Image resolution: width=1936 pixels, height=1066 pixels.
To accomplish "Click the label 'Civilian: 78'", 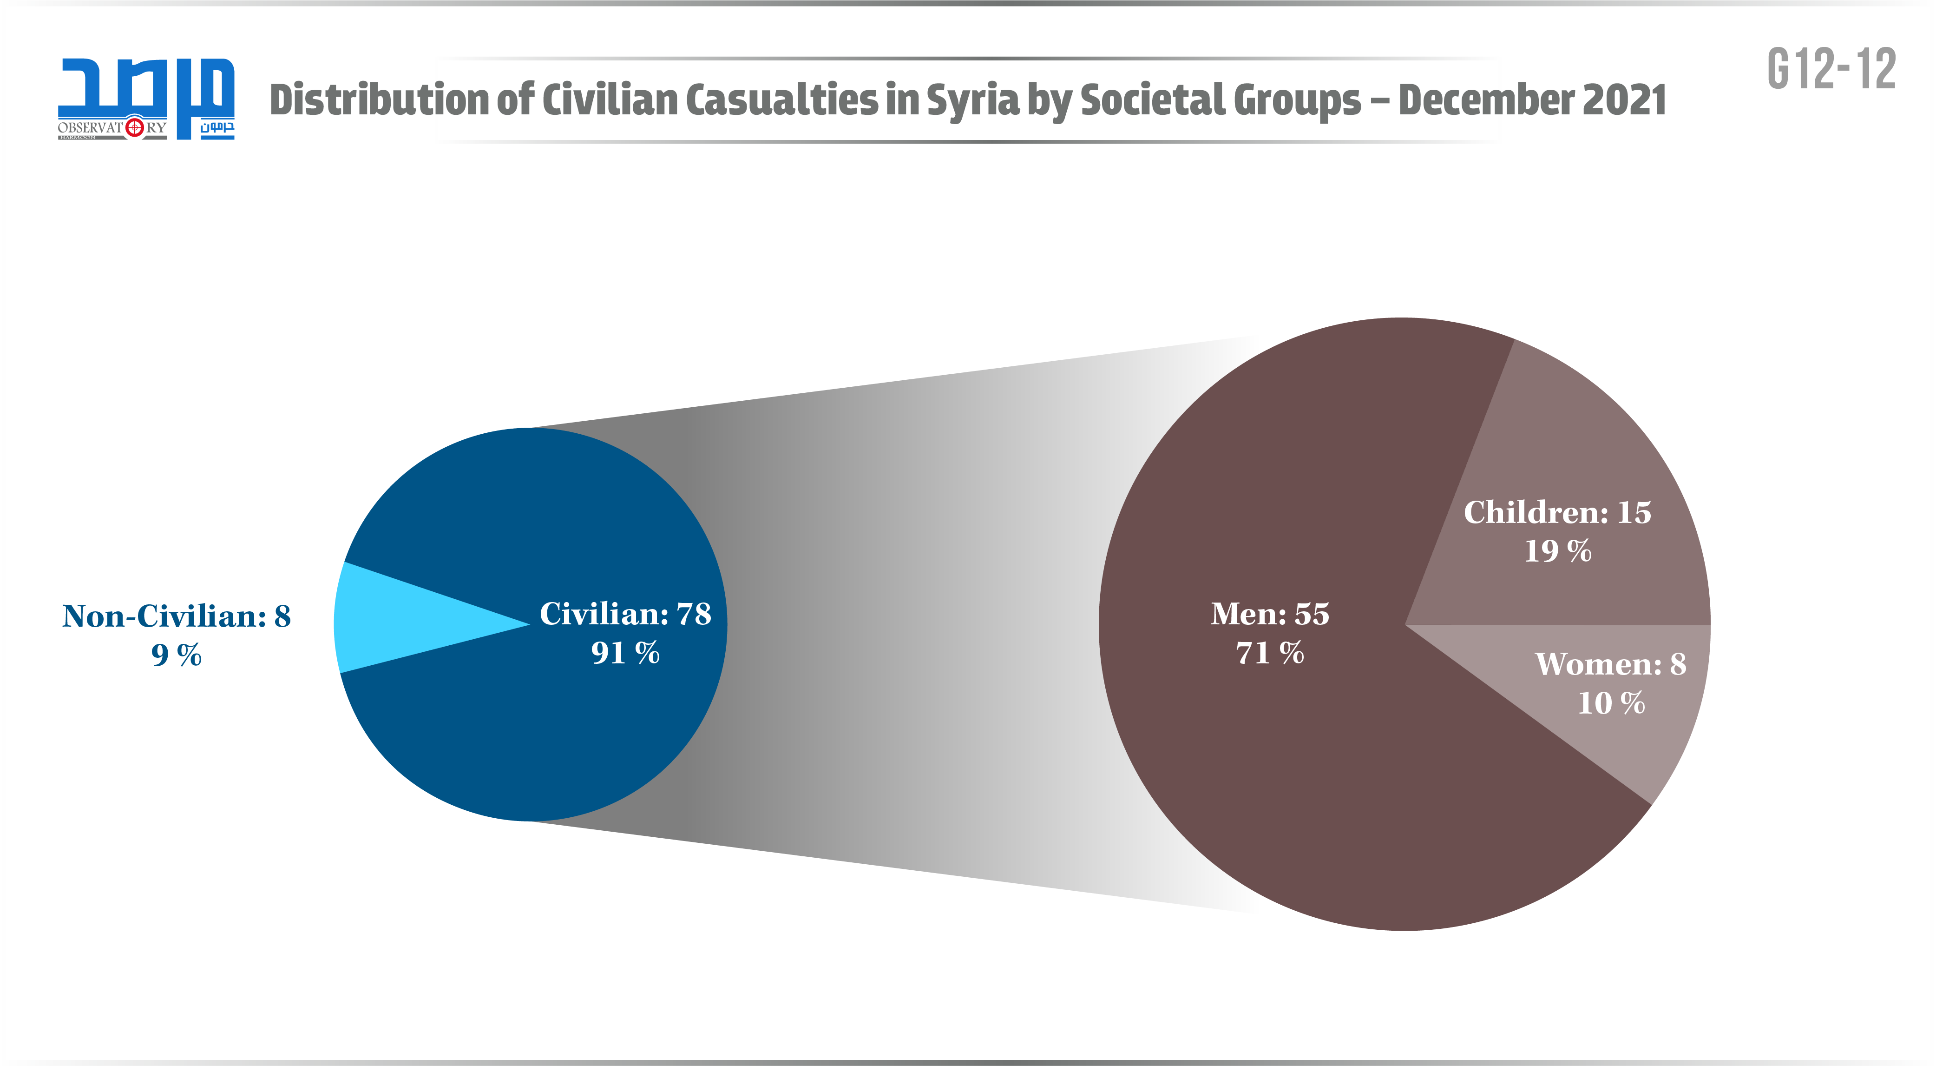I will pyautogui.click(x=625, y=614).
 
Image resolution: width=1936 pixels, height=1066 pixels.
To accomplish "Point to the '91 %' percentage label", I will pyautogui.click(x=625, y=653).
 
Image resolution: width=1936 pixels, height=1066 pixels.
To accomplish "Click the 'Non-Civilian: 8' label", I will pyautogui.click(x=177, y=616).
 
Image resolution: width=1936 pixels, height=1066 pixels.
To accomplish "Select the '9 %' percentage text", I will pyautogui.click(x=177, y=655).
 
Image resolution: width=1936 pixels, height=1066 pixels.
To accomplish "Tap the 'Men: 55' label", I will pyautogui.click(x=1270, y=614).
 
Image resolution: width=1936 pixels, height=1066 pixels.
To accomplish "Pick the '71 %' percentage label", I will pyautogui.click(x=1270, y=653).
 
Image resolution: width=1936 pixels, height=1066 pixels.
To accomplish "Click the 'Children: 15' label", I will pyautogui.click(x=1557, y=513).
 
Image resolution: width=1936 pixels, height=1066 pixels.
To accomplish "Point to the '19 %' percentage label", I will pyautogui.click(x=1557, y=551).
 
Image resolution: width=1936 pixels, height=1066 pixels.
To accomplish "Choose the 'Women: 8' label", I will pyautogui.click(x=1611, y=664).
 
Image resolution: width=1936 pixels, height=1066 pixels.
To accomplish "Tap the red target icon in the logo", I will pyautogui.click(x=135, y=128).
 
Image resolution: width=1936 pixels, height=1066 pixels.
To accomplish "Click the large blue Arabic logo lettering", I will pyautogui.click(x=146, y=86).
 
